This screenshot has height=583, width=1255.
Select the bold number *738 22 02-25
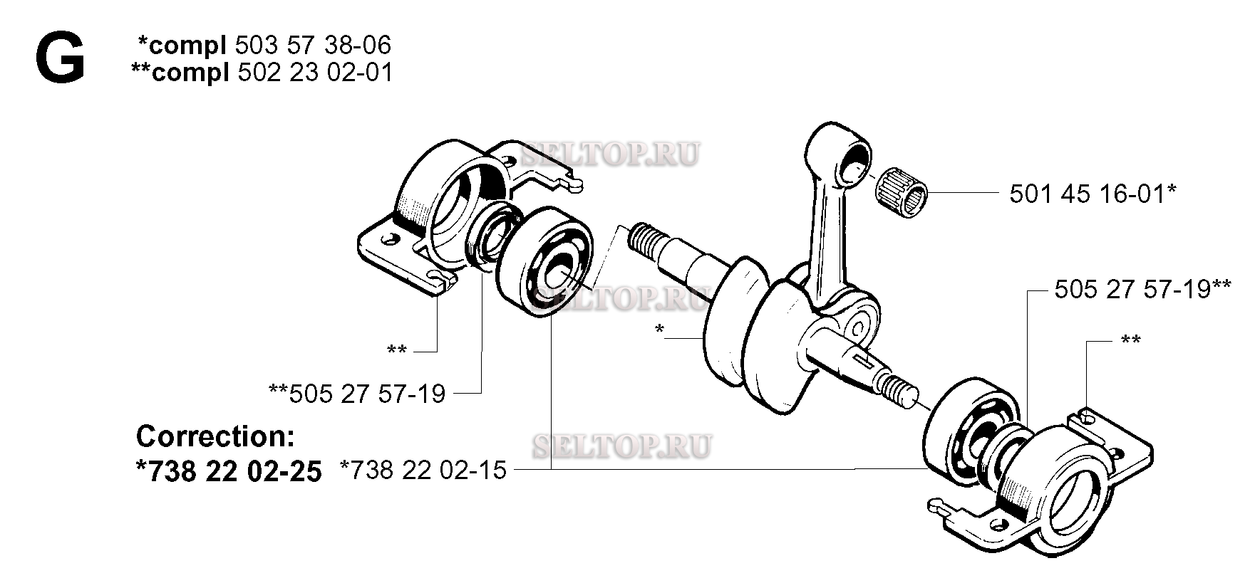pyautogui.click(x=228, y=471)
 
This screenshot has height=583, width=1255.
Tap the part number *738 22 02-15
pyautogui.click(x=423, y=471)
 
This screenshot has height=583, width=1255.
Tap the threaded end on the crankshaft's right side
pyautogui.click(x=902, y=389)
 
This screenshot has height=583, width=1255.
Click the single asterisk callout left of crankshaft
pyautogui.click(x=659, y=330)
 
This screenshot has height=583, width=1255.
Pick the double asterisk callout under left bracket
pyautogui.click(x=397, y=350)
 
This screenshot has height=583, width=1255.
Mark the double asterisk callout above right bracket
pyautogui.click(x=1130, y=340)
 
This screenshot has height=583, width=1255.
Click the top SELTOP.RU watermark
pyautogui.click(x=611, y=154)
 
